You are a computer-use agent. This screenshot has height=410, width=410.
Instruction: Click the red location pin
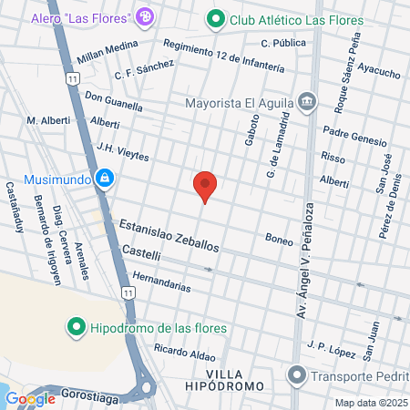point(206,185)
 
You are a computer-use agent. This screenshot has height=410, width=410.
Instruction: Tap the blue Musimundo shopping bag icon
point(107,178)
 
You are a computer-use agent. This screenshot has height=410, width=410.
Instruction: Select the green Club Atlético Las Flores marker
point(215,18)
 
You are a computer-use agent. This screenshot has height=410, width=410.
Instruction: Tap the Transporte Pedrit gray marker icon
point(296,374)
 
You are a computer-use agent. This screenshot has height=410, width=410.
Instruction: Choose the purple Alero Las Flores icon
point(144,17)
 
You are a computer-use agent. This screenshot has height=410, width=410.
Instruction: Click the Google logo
point(30,398)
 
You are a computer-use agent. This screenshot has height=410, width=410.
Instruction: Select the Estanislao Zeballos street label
point(169,236)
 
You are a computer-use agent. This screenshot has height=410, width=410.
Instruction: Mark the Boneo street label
point(279,241)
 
